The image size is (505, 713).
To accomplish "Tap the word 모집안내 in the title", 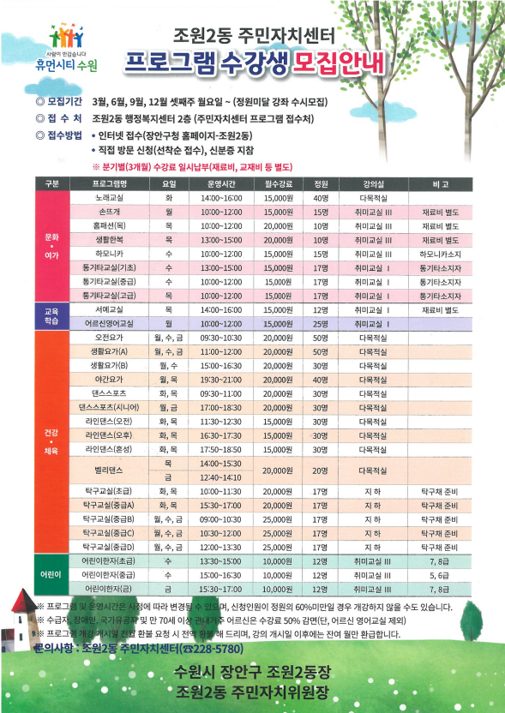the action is tap(340, 62).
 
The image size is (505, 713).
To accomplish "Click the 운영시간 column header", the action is tap(221, 184).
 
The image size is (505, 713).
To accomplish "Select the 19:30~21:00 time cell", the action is tap(221, 380).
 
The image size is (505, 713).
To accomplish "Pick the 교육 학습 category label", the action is tap(50, 316).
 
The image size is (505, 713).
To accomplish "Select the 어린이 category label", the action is tap(50, 575).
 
